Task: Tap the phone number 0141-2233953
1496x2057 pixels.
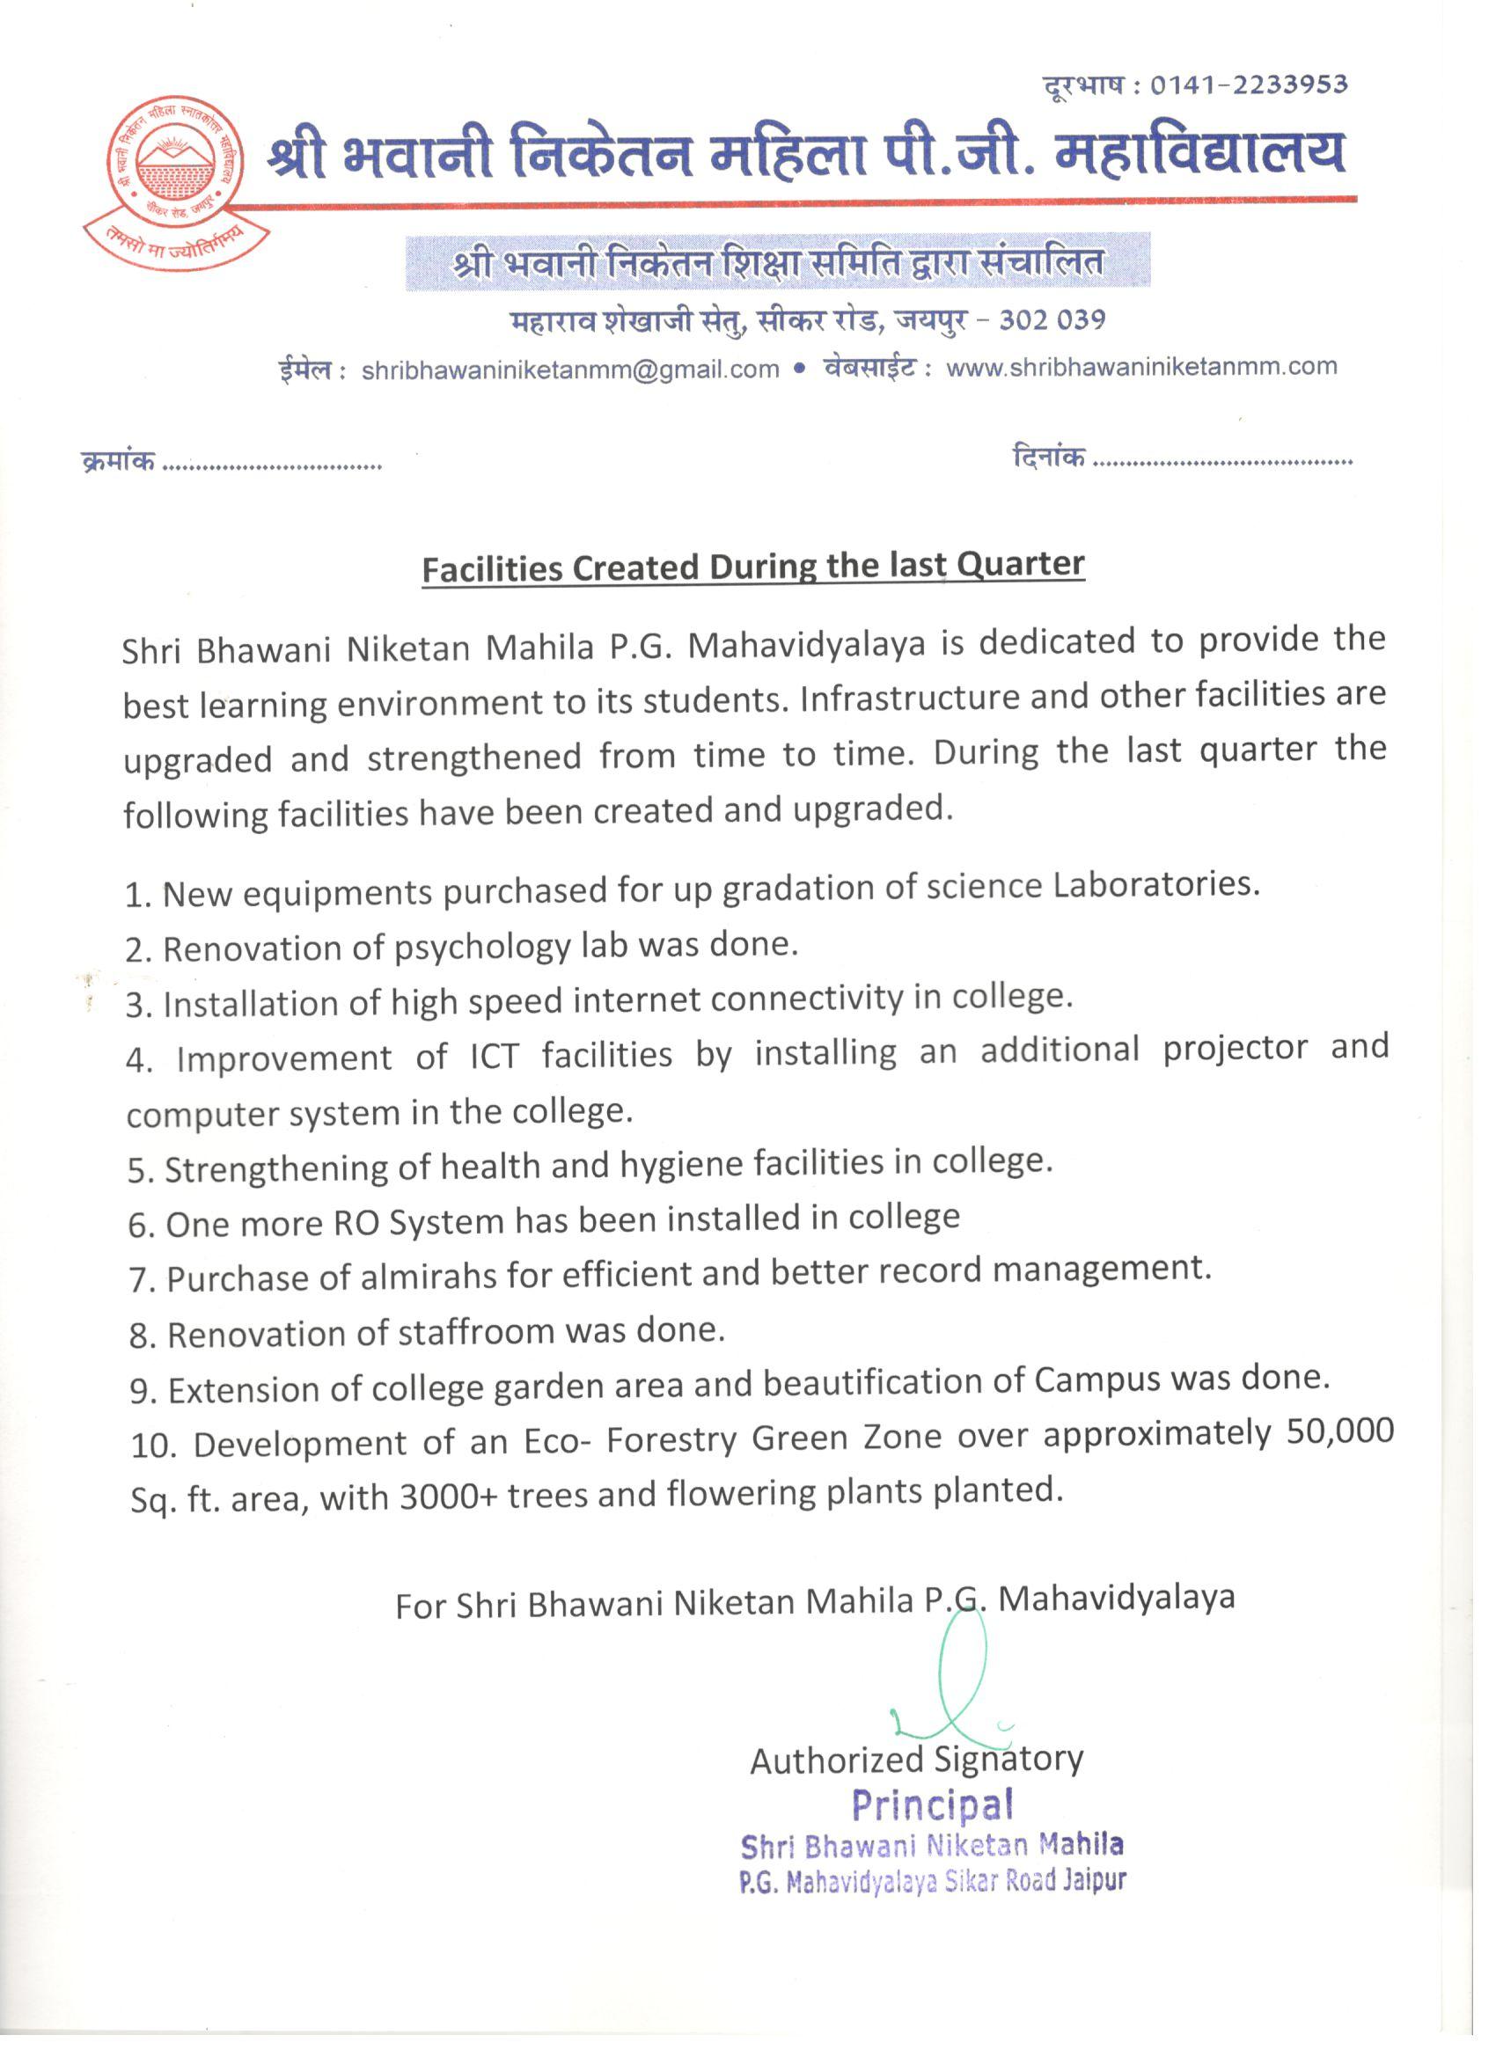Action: point(1249,85)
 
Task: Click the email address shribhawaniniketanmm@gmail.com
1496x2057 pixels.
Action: point(569,370)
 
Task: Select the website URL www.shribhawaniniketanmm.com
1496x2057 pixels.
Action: point(1141,366)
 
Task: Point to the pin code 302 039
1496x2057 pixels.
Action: point(1052,320)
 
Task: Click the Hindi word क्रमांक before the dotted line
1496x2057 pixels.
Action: point(119,461)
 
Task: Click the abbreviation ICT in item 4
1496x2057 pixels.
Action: point(495,1056)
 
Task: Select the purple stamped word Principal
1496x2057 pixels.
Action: point(933,1804)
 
